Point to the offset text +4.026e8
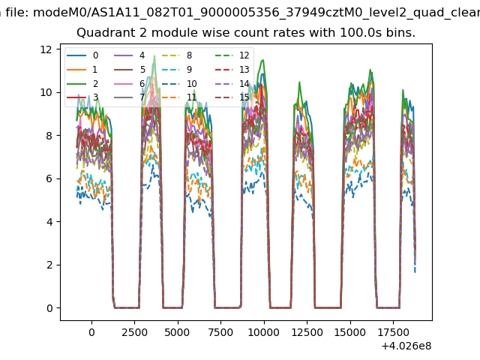(x=407, y=346)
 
